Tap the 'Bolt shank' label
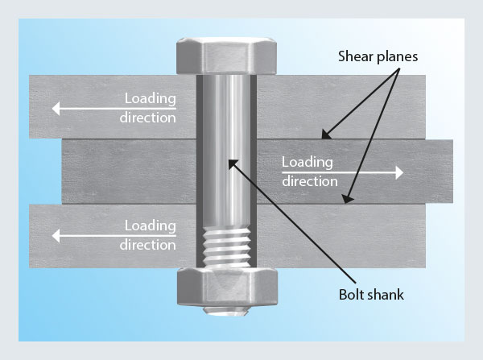click(x=371, y=295)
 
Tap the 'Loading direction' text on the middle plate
click(x=310, y=171)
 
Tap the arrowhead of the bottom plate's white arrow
click(x=54, y=234)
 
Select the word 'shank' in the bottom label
click(x=385, y=295)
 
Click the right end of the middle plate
click(x=447, y=171)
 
